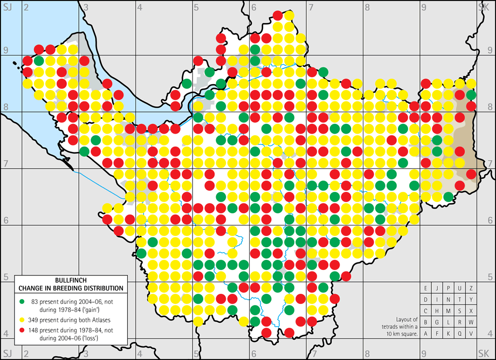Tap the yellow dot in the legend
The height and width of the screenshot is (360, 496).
click(22, 315)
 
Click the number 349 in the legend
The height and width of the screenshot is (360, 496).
click(36, 315)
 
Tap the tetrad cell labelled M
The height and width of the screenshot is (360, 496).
click(449, 310)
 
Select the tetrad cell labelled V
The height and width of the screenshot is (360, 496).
click(471, 334)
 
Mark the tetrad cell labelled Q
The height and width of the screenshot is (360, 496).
click(459, 334)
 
